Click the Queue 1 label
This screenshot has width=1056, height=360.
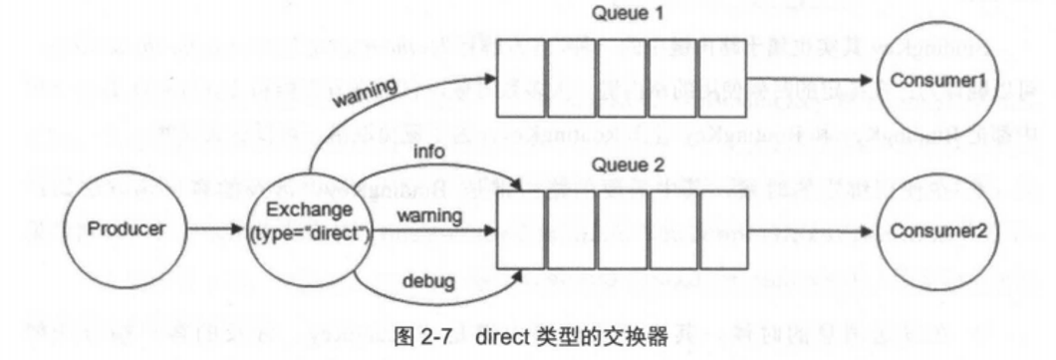pos(622,14)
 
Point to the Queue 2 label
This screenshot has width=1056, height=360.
pos(622,168)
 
